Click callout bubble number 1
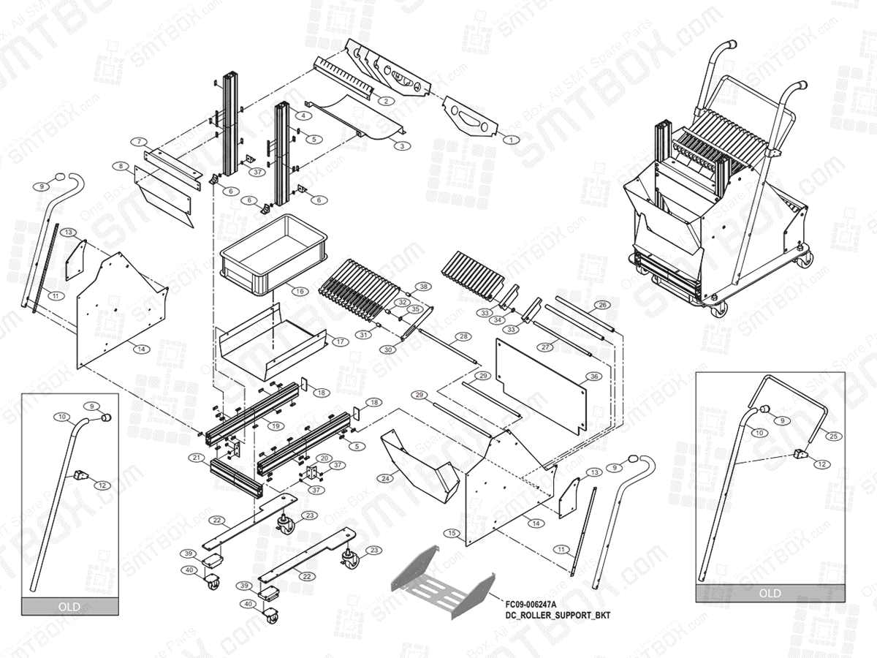[x=512, y=139]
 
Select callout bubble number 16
[x=299, y=291]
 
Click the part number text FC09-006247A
[x=530, y=605]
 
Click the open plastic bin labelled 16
[x=272, y=252]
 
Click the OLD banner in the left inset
[x=69, y=606]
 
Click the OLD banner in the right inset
[x=770, y=593]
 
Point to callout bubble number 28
[x=463, y=337]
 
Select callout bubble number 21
[x=196, y=458]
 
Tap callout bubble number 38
[x=422, y=286]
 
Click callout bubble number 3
[x=401, y=146]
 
